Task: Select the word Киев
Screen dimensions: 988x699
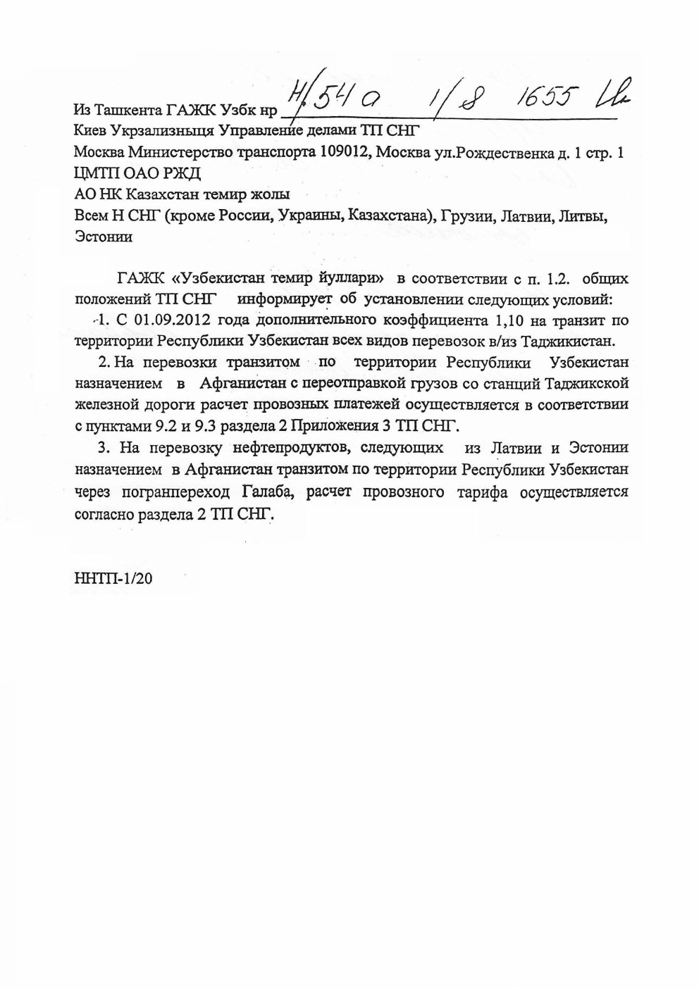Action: click(89, 131)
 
